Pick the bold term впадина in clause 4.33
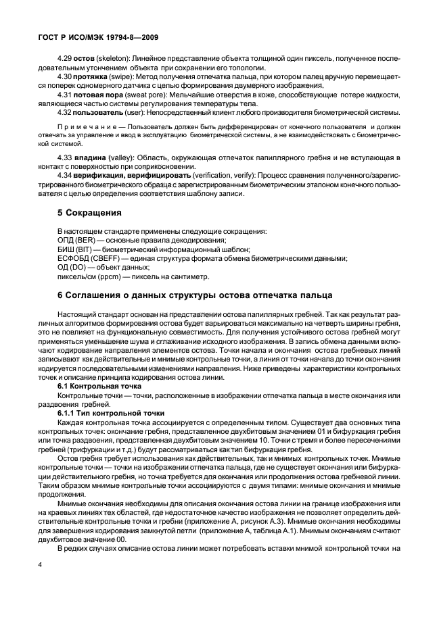(89, 157)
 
